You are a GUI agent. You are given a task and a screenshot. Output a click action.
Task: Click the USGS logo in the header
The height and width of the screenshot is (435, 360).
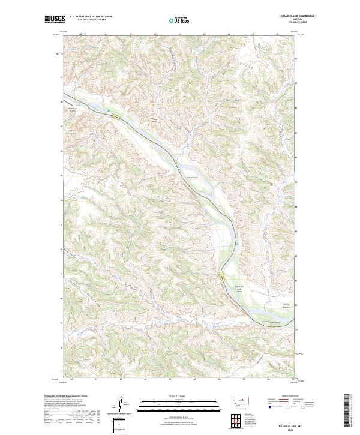(55, 20)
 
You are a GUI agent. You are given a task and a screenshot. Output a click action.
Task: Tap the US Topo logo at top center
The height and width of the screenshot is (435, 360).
(179, 20)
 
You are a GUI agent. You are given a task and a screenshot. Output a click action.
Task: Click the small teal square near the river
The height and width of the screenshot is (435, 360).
(109, 110)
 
